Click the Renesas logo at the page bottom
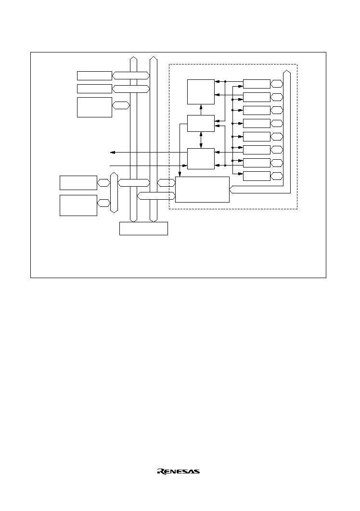point(179,472)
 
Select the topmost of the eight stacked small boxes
point(257,84)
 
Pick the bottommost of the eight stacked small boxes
point(257,176)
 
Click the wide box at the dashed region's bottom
point(202,190)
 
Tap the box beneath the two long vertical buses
point(143,229)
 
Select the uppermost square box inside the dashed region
point(201,92)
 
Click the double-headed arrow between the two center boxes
point(201,140)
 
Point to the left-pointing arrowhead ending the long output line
point(113,152)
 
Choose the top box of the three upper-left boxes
point(94,76)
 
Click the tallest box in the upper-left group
point(94,107)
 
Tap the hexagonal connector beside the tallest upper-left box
point(121,105)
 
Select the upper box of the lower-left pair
point(78,183)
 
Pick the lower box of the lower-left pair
point(78,205)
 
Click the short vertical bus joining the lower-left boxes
point(114,192)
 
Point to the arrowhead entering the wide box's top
point(180,174)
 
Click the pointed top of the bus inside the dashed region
point(287,70)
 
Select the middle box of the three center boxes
point(201,124)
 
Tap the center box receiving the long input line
point(201,159)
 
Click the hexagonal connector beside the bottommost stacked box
point(277,176)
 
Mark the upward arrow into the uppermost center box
point(201,110)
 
